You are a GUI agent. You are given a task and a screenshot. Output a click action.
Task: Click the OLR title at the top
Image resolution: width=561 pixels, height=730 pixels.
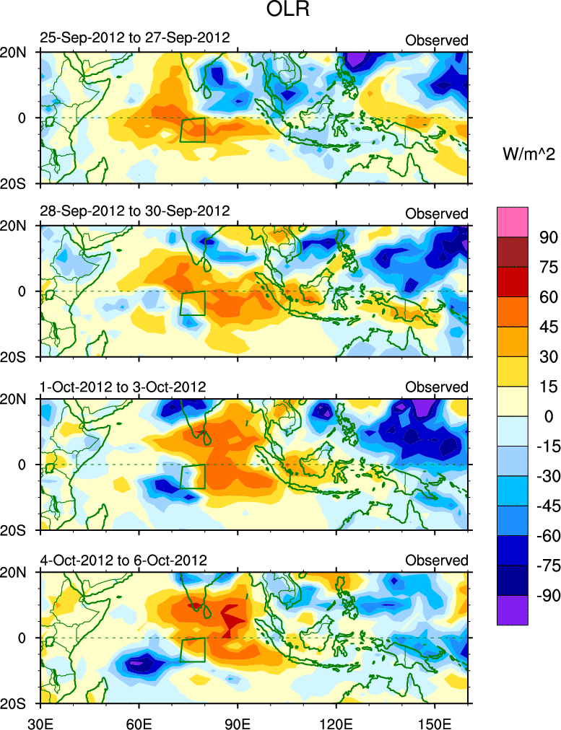[x=280, y=12]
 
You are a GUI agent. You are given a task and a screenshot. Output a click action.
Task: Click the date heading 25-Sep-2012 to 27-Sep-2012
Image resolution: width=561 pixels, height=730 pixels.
[x=134, y=38]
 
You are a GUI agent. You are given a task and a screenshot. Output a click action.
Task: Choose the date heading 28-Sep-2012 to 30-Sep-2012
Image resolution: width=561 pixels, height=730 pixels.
[x=134, y=211]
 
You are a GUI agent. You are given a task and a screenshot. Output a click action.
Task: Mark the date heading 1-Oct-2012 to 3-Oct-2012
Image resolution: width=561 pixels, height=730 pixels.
[x=123, y=387]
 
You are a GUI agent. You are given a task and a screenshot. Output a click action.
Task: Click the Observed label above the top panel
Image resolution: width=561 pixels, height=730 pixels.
[x=436, y=40]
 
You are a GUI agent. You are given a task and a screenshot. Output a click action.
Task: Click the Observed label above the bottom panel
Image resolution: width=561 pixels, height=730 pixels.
[x=436, y=560]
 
